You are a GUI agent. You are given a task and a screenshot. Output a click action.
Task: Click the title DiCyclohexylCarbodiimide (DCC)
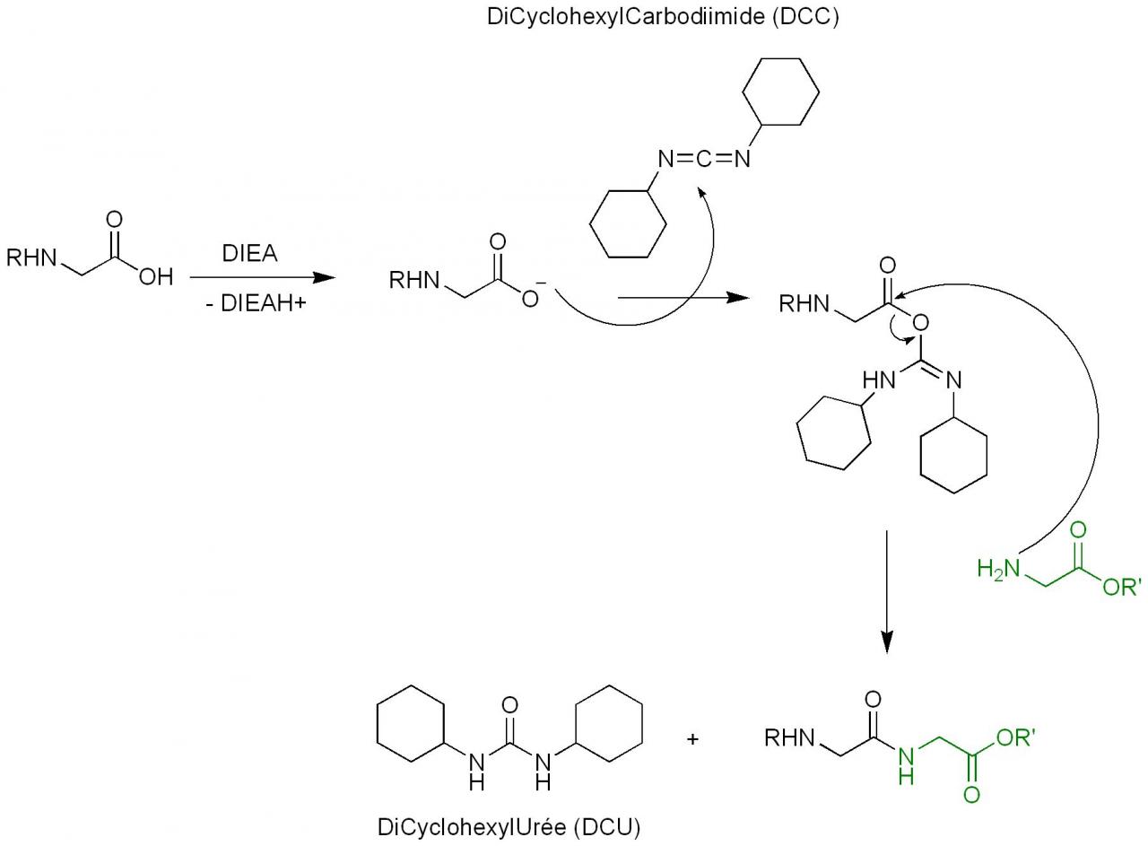coord(663,18)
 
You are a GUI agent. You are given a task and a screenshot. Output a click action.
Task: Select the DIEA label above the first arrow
coord(249,254)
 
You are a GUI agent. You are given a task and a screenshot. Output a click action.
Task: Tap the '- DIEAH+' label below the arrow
coord(255,303)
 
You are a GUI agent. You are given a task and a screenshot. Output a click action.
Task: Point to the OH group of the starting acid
coord(155,277)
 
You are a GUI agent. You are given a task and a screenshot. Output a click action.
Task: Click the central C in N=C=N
coord(703,160)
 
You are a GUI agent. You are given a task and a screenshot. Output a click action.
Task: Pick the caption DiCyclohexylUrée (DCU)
coord(509,827)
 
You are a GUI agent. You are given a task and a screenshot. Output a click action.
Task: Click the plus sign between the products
coord(692,739)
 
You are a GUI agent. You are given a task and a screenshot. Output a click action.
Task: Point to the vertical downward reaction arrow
coord(886,592)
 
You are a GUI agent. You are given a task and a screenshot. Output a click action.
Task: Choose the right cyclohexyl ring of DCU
coord(609,724)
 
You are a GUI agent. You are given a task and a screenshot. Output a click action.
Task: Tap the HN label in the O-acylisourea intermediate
coord(879,379)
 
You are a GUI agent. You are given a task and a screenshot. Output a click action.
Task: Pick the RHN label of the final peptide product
coord(789,738)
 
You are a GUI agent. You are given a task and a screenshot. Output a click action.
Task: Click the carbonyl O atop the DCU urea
coord(509,704)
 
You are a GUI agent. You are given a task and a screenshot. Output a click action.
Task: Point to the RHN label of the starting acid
coord(31,258)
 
